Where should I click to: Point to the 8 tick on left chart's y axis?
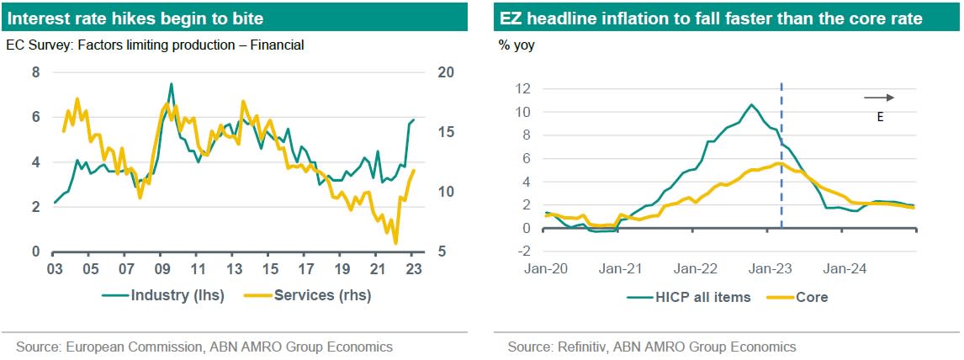[x=36, y=73]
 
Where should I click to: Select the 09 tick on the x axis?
[x=161, y=269]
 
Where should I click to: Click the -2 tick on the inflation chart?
[x=524, y=251]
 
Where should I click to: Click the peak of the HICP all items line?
[x=751, y=105]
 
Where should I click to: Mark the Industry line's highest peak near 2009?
[x=172, y=84]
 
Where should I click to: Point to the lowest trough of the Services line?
[x=395, y=243]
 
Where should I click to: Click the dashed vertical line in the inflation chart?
[x=782, y=168]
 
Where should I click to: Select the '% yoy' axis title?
[x=516, y=45]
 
